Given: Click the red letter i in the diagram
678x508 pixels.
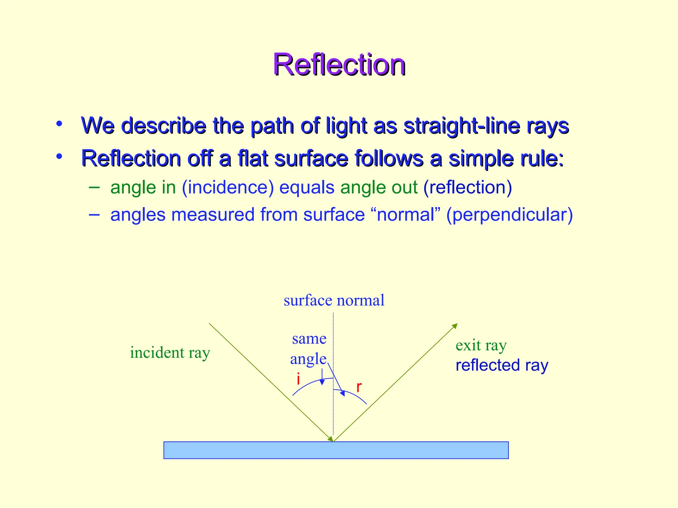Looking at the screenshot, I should [298, 379].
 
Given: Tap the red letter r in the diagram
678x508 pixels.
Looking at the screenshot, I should [359, 387].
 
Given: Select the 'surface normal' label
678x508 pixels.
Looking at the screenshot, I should [334, 300].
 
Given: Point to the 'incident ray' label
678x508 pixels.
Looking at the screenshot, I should [170, 353].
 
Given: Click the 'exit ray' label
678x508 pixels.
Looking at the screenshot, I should [481, 346].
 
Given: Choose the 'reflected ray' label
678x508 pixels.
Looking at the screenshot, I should [502, 365].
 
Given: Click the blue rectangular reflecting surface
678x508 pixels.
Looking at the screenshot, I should [336, 450].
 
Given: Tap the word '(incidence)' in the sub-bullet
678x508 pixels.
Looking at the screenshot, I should [228, 188].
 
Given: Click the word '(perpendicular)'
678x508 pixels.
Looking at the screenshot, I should [509, 215].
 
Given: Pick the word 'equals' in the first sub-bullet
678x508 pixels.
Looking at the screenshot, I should [307, 188].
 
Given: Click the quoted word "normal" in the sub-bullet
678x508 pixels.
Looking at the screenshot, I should [406, 215].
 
